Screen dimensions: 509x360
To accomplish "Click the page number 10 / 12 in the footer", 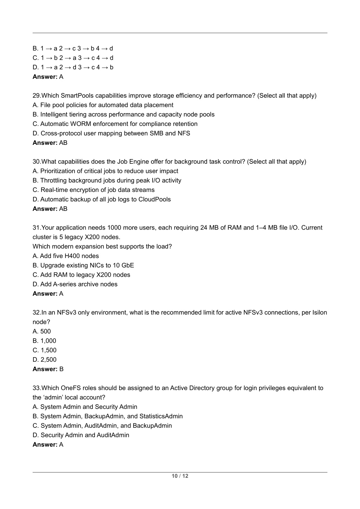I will click(x=180, y=476).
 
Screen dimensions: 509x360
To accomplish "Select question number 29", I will click(x=36, y=96).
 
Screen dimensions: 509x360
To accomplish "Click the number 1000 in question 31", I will click(x=114, y=227).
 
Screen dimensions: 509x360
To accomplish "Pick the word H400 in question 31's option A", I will click(x=72, y=256).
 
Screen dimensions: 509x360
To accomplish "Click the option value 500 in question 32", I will click(x=45, y=331).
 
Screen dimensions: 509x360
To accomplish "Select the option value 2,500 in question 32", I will click(x=49, y=360).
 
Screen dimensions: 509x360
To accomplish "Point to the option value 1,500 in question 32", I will click(x=49, y=350).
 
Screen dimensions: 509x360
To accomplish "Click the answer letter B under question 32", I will click(x=62, y=369).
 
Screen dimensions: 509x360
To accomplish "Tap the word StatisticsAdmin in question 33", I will click(x=161, y=416).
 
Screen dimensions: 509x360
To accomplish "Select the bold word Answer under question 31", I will click(x=45, y=294).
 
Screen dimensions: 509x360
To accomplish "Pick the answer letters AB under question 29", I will click(x=63, y=143).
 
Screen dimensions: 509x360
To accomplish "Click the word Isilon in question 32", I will click(x=320, y=313).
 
